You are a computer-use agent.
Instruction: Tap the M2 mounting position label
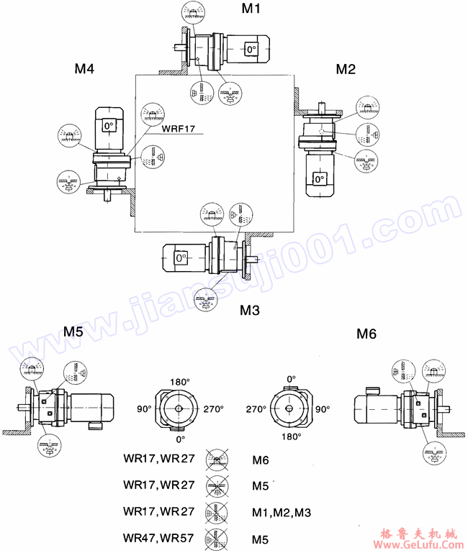coord(346,69)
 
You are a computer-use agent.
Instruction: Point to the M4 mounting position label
coord(85,69)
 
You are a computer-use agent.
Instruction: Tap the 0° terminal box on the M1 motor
coord(250,50)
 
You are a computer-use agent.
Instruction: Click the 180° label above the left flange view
coord(179,381)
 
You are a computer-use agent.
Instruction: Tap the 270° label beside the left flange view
coord(213,408)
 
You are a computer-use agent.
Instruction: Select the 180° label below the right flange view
coord(291,436)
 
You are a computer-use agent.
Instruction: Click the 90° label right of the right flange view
coord(322,408)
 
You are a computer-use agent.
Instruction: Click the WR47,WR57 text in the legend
coord(159,538)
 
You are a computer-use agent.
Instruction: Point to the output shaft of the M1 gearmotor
coord(181,50)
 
